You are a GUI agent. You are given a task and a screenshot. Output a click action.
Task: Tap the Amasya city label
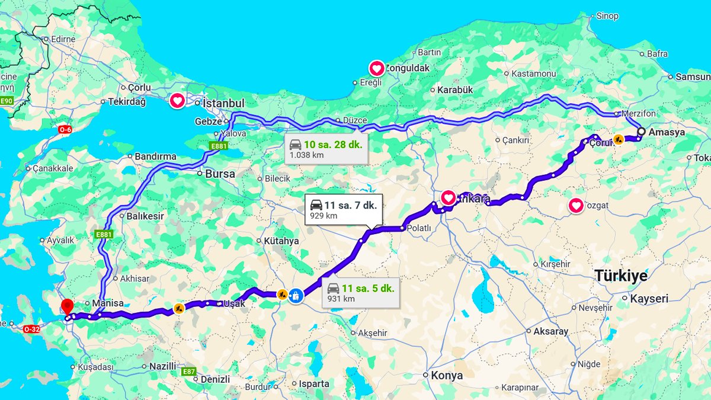[667, 132]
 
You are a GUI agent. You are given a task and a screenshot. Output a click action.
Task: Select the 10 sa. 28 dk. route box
[325, 149]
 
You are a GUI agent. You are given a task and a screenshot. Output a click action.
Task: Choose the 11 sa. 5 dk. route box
[361, 293]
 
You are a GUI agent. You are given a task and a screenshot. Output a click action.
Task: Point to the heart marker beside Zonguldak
[377, 69]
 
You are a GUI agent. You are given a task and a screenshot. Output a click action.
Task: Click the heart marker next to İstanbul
[177, 101]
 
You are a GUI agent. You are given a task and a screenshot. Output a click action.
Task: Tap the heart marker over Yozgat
[575, 206]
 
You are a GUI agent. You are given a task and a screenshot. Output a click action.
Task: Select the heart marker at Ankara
[449, 197]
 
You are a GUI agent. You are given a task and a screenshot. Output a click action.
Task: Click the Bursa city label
[220, 174]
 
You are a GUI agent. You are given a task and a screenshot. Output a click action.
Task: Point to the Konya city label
[446, 375]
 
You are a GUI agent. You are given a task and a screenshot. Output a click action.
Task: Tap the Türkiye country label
[621, 276]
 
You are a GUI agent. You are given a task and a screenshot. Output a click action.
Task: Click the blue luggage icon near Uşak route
[295, 295]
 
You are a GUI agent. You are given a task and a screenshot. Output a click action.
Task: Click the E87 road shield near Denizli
[188, 372]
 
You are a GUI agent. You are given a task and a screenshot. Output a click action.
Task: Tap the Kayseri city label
[649, 299]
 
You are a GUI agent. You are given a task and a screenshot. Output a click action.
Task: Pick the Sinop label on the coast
[607, 16]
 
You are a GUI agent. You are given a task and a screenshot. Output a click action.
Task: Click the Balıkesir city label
[145, 216]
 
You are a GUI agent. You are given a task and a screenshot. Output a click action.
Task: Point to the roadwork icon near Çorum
[619, 139]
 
